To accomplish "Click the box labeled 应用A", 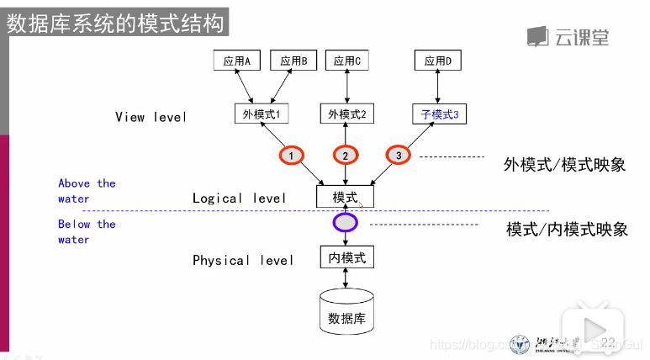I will click(x=237, y=61).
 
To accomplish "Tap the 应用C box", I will click(x=346, y=61).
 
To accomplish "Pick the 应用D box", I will click(x=437, y=61).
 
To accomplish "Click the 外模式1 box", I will click(x=261, y=114).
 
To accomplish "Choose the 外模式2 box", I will click(x=346, y=114).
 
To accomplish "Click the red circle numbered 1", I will click(x=291, y=156).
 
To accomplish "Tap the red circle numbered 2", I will click(x=345, y=155).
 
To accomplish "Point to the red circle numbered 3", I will click(x=399, y=155).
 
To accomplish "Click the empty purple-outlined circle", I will click(x=346, y=222).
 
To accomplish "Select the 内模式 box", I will click(x=346, y=257).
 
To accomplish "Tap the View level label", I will click(x=151, y=117).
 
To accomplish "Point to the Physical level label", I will click(x=243, y=260).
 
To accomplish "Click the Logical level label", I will click(x=239, y=198).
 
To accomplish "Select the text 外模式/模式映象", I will click(x=564, y=164).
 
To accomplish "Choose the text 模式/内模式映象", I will click(x=567, y=229).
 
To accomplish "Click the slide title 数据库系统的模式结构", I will click(x=116, y=23).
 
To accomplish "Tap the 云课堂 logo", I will click(x=568, y=37).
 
